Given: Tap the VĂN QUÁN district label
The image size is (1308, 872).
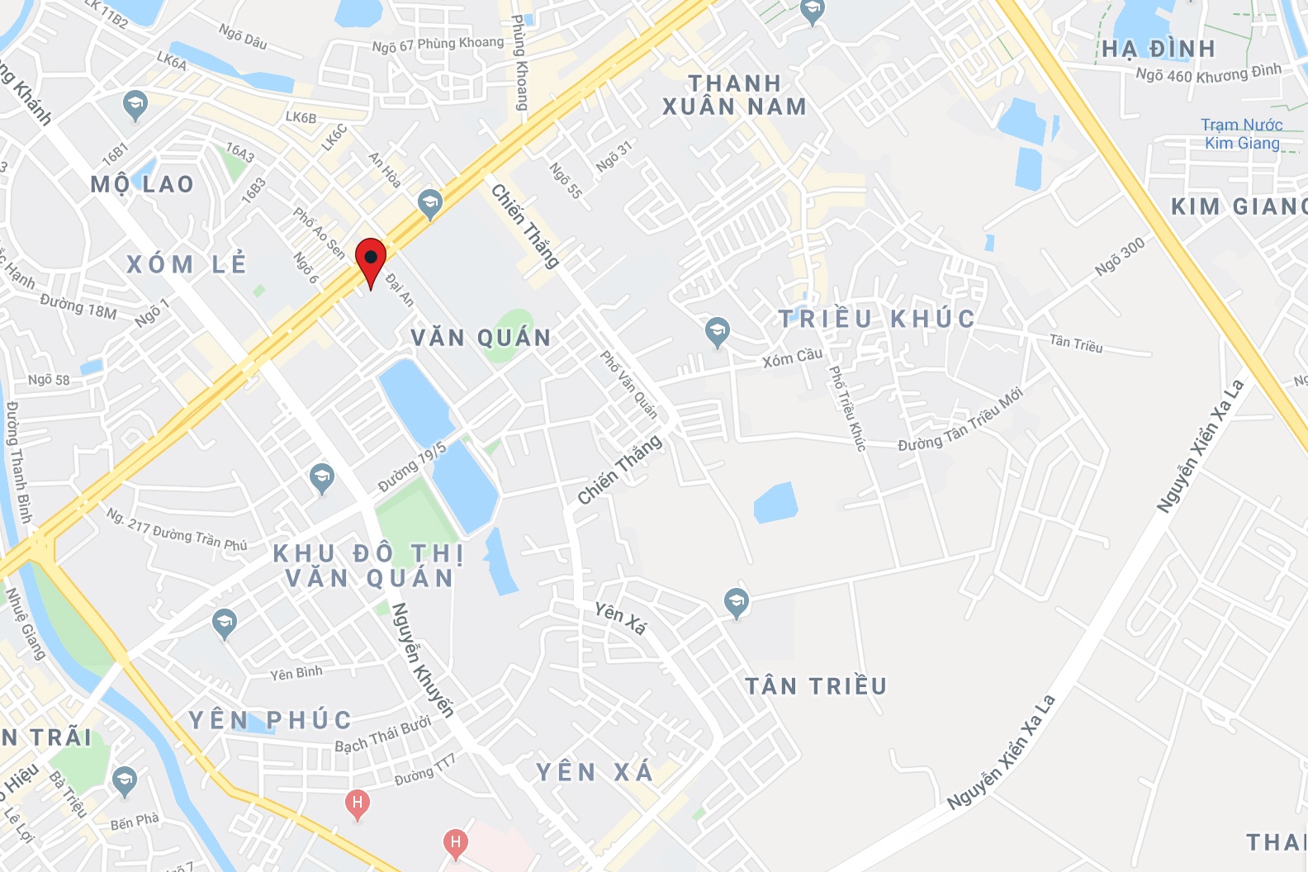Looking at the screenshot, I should [481, 338].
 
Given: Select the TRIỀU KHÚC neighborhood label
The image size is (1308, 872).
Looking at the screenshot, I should [877, 319].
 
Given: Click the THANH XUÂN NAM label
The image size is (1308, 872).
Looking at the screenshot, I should [734, 95].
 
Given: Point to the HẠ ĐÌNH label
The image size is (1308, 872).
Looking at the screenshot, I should [1159, 50].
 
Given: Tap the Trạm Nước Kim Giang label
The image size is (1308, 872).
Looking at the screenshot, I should [1241, 134].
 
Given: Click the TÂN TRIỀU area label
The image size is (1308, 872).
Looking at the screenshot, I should [816, 686].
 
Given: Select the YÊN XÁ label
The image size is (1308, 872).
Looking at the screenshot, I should [595, 772].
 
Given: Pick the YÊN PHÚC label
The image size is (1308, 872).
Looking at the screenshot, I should [270, 720].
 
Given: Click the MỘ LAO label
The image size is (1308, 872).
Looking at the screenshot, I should [142, 184].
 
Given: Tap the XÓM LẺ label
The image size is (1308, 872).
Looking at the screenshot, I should [187, 264].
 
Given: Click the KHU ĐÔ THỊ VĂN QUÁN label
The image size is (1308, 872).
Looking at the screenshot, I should [369, 566].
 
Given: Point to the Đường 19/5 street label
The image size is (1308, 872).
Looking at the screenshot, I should [412, 467].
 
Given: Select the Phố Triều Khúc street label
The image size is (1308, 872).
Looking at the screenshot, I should [847, 408].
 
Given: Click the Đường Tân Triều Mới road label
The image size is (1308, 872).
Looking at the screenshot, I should [960, 419].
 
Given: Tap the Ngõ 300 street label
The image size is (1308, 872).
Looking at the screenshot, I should [1120, 256].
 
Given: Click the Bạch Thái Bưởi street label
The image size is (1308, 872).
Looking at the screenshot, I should [382, 735].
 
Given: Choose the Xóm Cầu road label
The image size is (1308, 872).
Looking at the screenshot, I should [792, 358].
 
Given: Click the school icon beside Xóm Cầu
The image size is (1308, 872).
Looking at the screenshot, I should [717, 332].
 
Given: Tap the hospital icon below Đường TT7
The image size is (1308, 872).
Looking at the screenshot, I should [455, 843].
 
